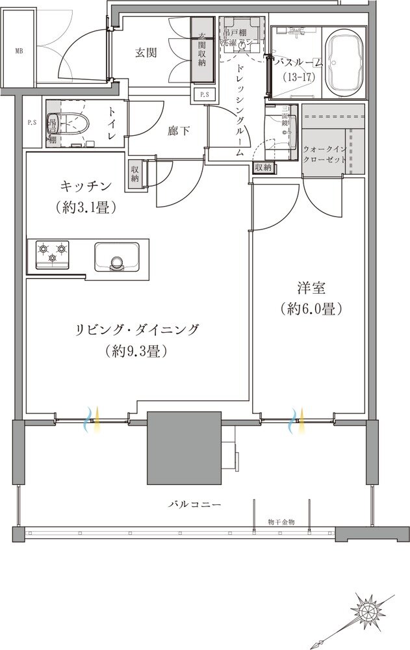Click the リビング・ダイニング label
[137, 329]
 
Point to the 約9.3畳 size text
[136, 351]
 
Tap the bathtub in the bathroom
[347, 64]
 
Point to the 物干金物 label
[281, 521]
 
